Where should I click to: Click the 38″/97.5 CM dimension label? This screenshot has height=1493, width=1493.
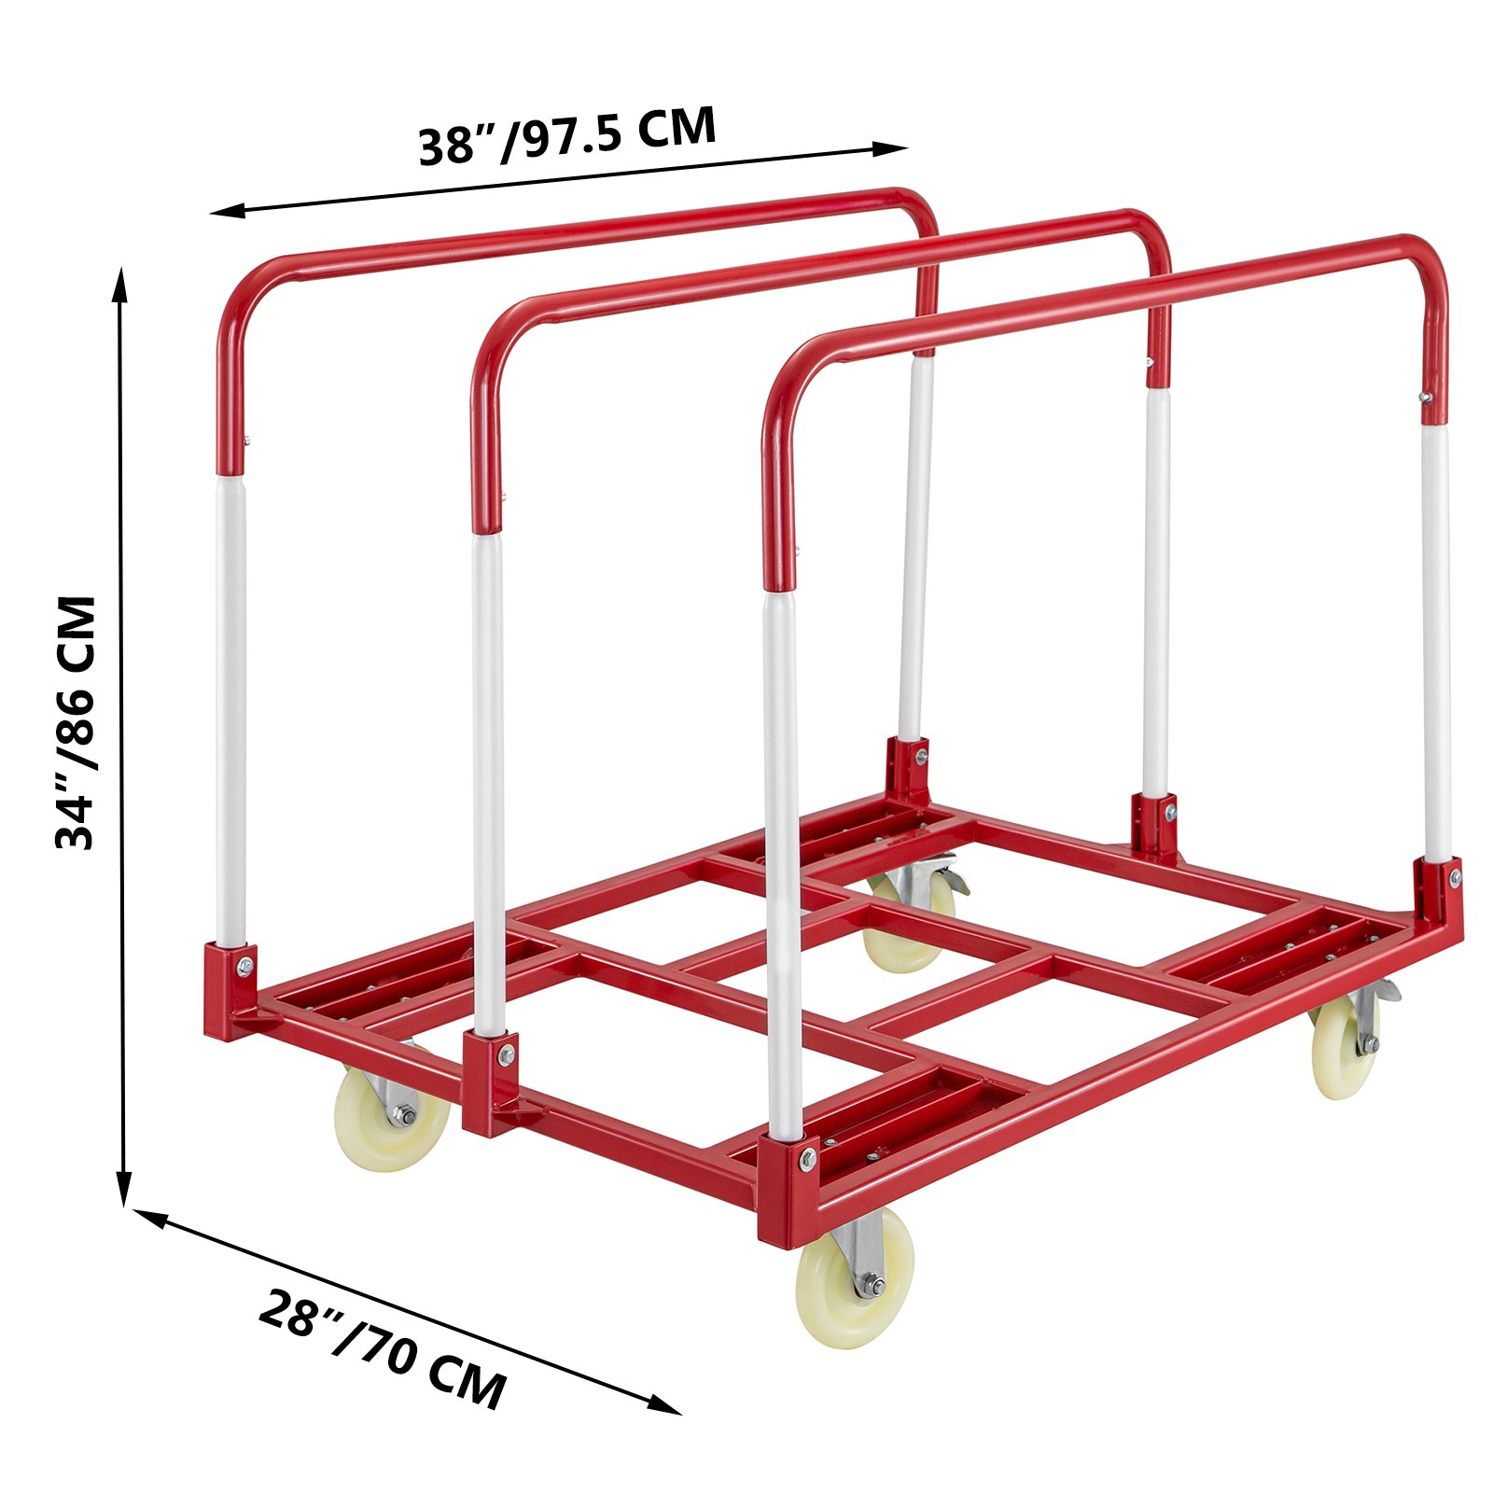566,136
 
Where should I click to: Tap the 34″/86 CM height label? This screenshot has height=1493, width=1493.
77,723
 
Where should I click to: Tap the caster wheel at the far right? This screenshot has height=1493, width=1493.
1345,1045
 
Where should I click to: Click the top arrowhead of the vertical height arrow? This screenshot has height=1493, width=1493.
119,279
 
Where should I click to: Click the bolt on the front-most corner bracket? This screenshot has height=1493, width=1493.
806,1160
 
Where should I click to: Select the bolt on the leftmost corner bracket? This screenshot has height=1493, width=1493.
244,966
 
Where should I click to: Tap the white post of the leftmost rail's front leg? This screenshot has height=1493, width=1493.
230,709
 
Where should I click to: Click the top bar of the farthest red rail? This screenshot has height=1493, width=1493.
579,232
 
